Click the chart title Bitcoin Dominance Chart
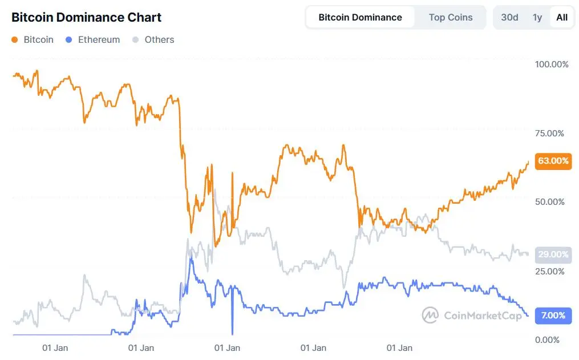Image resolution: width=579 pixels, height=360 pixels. pyautogui.click(x=87, y=17)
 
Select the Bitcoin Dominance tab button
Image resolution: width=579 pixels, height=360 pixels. pyautogui.click(x=360, y=17)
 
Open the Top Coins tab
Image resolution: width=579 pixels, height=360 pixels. pyautogui.click(x=451, y=17)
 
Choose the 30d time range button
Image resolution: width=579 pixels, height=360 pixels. pyautogui.click(x=509, y=17)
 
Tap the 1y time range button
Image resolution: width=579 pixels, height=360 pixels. pyautogui.click(x=537, y=17)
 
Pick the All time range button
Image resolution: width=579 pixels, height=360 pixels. pyautogui.click(x=562, y=17)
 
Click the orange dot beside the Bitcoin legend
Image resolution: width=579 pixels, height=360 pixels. pyautogui.click(x=15, y=40)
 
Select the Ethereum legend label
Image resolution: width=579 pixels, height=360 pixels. pyautogui.click(x=99, y=40)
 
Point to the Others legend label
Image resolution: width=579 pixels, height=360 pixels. pyautogui.click(x=159, y=40)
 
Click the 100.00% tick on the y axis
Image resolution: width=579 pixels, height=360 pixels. pyautogui.click(x=552, y=64)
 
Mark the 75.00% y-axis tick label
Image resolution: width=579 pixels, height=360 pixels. pyautogui.click(x=550, y=134)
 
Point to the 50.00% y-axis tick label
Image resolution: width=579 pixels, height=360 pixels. pyautogui.click(x=550, y=202)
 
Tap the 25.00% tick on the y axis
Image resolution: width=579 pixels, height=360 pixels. pyautogui.click(x=550, y=271)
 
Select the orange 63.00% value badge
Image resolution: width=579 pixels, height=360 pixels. pyautogui.click(x=553, y=161)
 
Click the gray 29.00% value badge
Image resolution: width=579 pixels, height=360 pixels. pyautogui.click(x=553, y=254)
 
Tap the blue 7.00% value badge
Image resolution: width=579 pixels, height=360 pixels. pyautogui.click(x=553, y=315)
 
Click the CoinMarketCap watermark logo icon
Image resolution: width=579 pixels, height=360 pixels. pyautogui.click(x=430, y=315)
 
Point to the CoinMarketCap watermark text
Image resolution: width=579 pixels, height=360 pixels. pyautogui.click(x=482, y=315)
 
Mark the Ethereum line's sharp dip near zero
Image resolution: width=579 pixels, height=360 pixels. pyautogui.click(x=233, y=332)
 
